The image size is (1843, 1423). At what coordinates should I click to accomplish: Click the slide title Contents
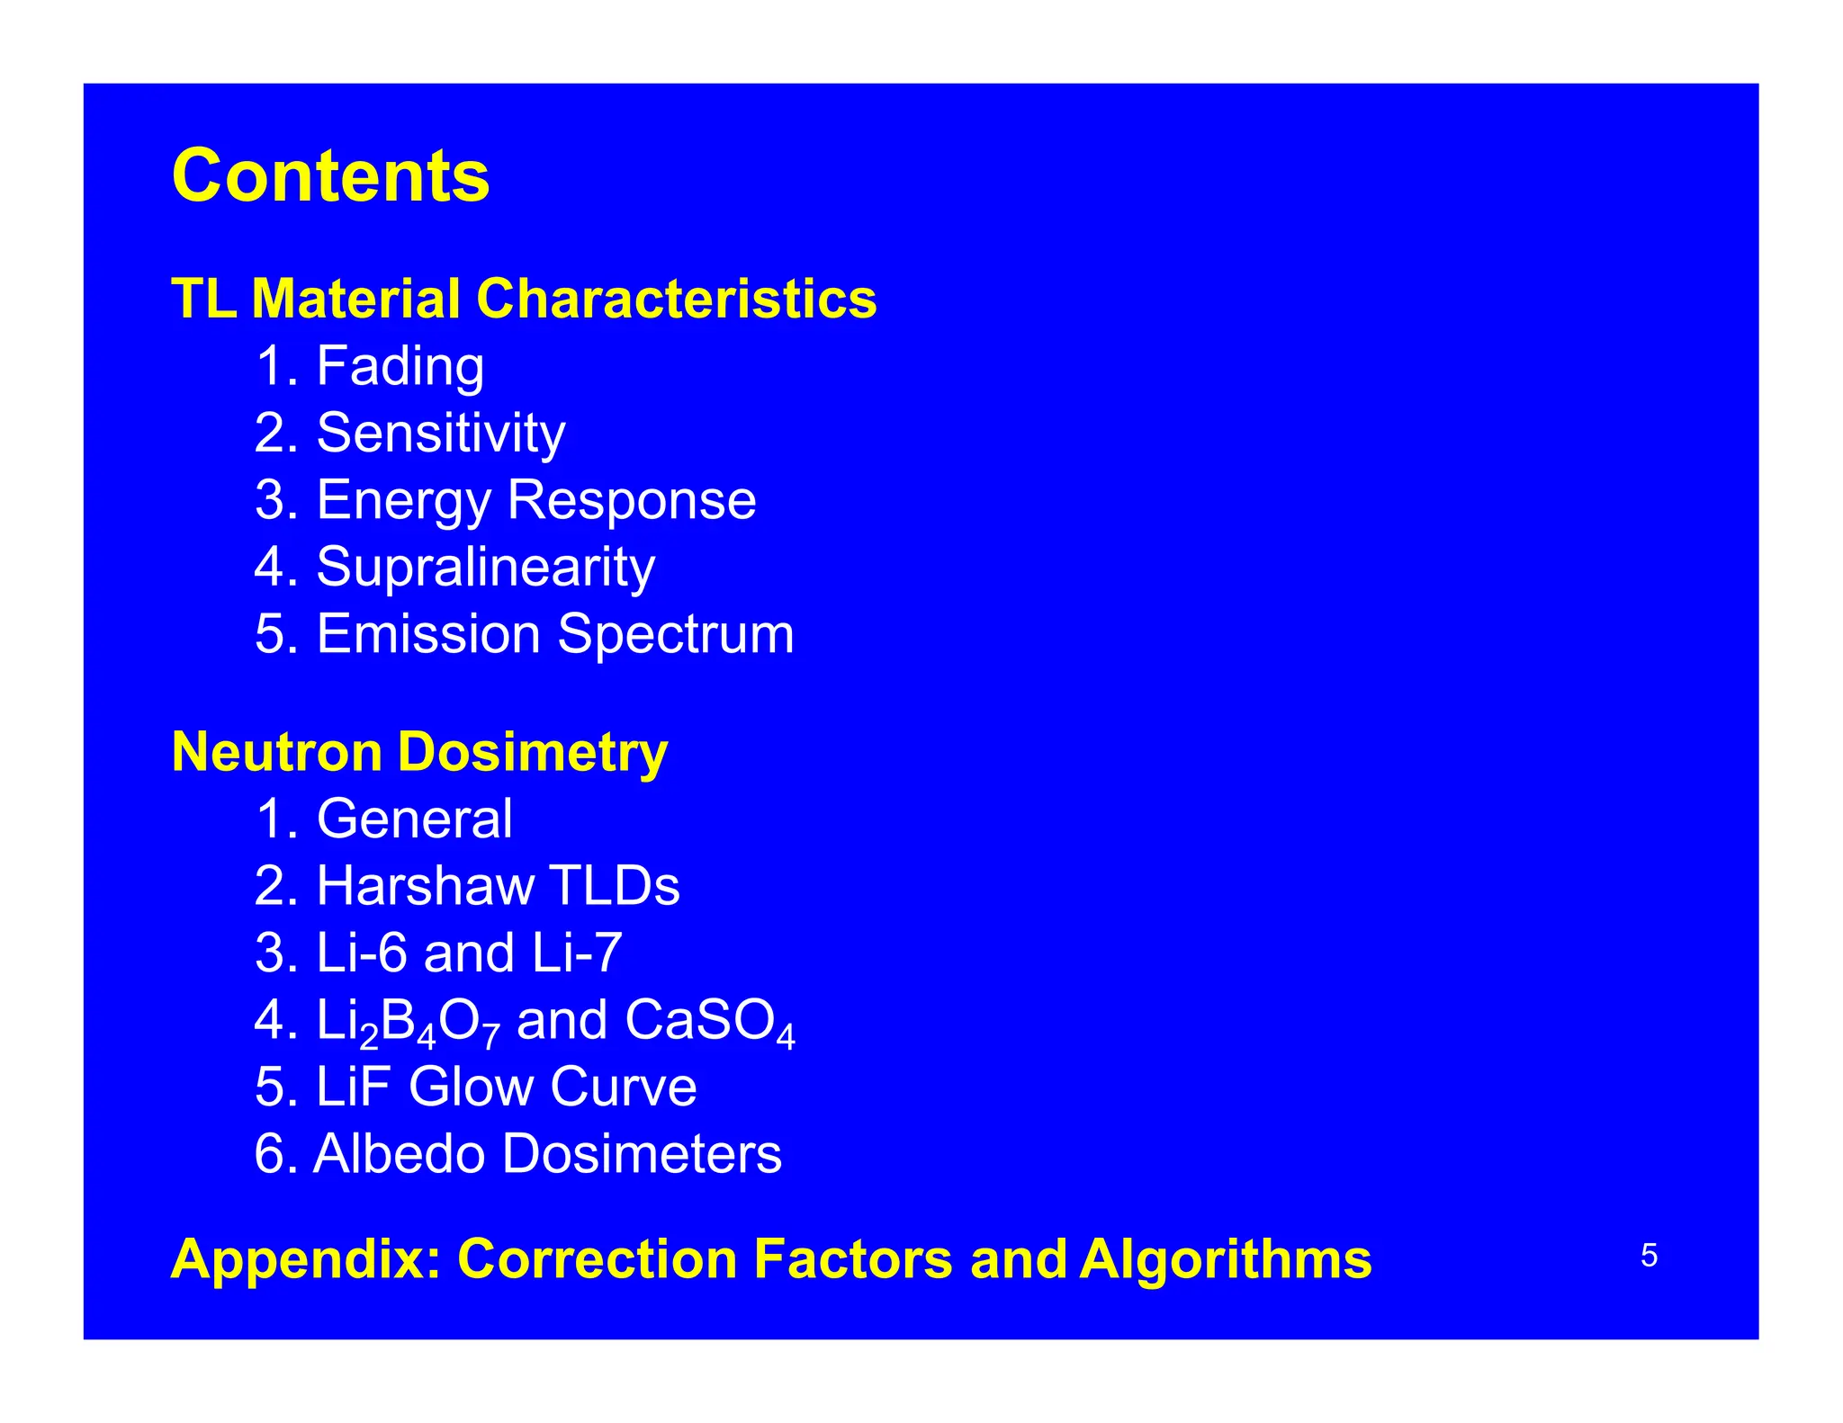(330, 175)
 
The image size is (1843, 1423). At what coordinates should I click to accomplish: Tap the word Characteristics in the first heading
(676, 299)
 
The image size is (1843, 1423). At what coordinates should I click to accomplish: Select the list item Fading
(400, 366)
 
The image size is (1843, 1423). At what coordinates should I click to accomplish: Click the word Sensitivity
(440, 433)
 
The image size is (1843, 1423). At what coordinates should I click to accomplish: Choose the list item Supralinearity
(485, 567)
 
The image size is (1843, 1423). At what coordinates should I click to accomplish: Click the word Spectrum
(676, 634)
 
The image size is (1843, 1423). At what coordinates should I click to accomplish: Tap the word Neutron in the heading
(276, 752)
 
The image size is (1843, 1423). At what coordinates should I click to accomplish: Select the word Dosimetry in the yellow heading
(532, 752)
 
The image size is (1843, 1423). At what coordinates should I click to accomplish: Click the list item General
(414, 819)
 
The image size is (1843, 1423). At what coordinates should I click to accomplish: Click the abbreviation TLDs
(615, 886)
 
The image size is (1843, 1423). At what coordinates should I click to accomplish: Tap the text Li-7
(576, 953)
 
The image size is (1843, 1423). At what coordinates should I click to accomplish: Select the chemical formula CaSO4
(709, 1021)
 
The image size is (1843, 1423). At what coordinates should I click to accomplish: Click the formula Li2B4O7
(408, 1021)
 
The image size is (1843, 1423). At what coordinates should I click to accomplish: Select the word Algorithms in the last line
(1226, 1258)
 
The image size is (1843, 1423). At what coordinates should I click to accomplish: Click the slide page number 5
(1649, 1255)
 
